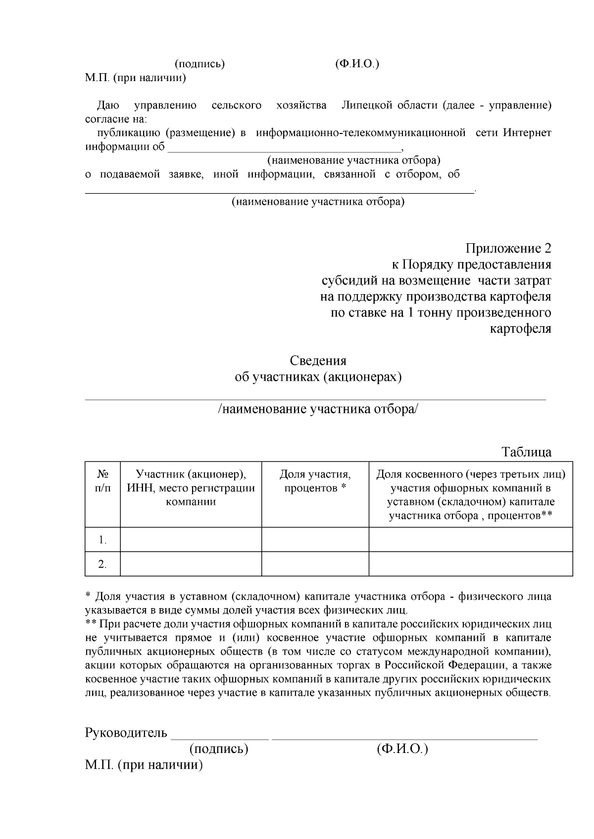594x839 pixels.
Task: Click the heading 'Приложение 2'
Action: coord(508,248)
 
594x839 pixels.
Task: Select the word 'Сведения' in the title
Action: coord(318,360)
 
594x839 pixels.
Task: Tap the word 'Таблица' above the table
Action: coord(526,452)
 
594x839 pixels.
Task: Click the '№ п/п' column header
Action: coord(102,481)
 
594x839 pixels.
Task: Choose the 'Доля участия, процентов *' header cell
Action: coord(315,481)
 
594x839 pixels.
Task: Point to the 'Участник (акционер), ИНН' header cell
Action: coord(191,487)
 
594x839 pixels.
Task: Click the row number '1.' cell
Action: coord(102,540)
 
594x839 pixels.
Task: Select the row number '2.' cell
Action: coord(102,564)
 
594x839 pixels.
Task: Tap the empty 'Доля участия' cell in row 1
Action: coord(315,539)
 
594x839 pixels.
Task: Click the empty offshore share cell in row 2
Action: coord(470,564)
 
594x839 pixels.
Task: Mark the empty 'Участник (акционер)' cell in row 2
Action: coord(191,564)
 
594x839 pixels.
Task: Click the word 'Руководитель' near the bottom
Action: coord(126,732)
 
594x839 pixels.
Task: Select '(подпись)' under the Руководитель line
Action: coord(218,749)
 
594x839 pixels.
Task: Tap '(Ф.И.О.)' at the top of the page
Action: coord(357,64)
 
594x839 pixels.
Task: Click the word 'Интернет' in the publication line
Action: coord(527,133)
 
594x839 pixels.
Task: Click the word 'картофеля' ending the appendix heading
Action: coord(520,329)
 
